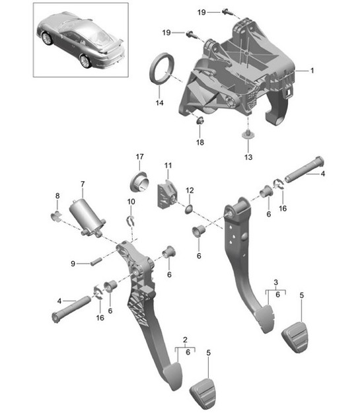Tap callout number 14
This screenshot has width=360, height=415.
159,103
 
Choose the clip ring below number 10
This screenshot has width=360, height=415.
132,221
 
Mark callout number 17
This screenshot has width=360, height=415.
139,157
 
